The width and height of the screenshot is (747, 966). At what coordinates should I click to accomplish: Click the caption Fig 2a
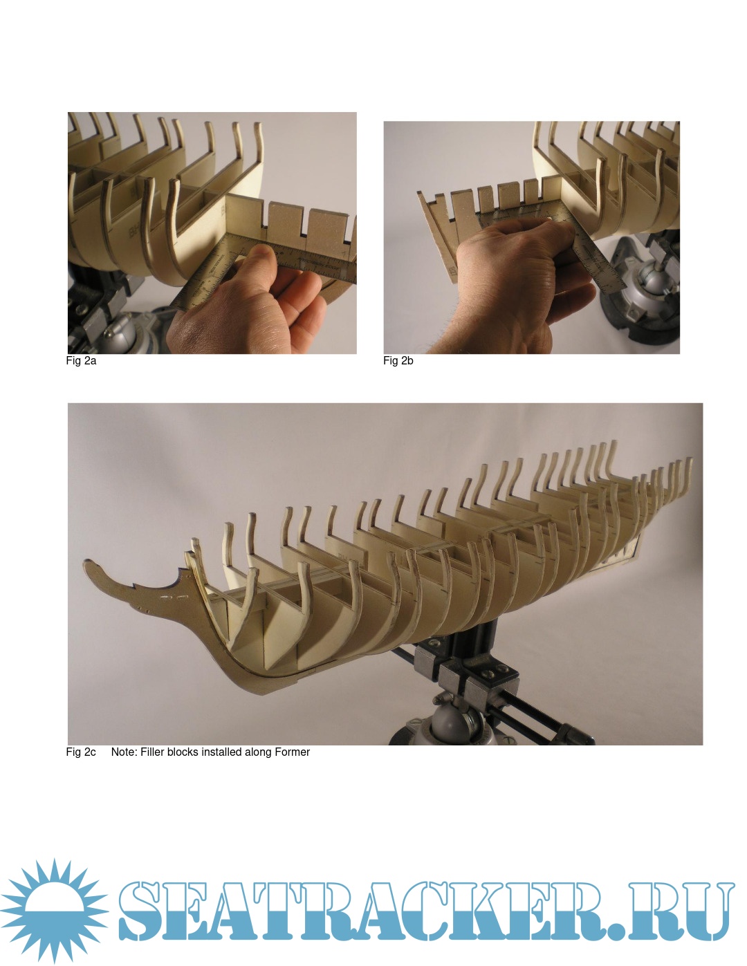[81, 360]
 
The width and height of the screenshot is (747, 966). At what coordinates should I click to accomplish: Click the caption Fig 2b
[398, 360]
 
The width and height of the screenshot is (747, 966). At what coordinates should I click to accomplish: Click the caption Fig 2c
[81, 752]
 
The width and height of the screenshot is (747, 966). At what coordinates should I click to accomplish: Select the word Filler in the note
[151, 752]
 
